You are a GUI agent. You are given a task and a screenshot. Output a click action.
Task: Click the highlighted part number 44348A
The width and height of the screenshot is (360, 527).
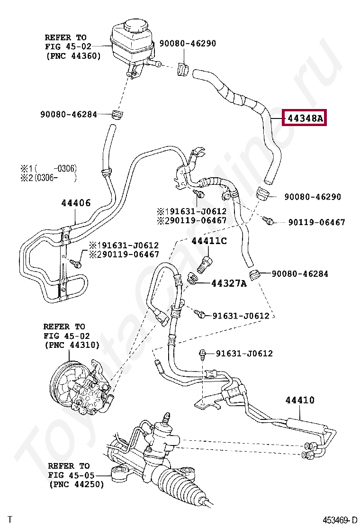click(x=305, y=118)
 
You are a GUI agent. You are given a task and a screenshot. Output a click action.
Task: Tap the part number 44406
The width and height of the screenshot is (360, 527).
click(x=76, y=203)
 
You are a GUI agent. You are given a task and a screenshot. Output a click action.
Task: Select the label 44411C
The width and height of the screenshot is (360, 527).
click(x=209, y=241)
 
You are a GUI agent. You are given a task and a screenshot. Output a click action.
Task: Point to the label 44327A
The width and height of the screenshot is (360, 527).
click(x=229, y=283)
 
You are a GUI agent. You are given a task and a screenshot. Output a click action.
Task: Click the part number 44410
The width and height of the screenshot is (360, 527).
click(x=300, y=400)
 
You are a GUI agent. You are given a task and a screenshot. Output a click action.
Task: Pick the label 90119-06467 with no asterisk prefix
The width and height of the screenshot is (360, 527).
click(x=317, y=222)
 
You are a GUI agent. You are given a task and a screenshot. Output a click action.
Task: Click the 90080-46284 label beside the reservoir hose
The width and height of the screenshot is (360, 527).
click(x=69, y=114)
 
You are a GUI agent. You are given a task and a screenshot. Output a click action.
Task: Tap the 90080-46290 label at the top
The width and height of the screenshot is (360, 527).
click(x=188, y=43)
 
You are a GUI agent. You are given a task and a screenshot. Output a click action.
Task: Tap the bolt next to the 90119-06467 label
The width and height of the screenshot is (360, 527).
click(x=270, y=220)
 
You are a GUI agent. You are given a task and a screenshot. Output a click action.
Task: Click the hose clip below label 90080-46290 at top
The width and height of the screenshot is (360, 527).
click(x=183, y=69)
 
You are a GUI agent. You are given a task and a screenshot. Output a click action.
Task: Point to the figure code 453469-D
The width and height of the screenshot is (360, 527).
click(x=340, y=520)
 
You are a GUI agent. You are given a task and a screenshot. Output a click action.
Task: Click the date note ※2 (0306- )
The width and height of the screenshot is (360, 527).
click(x=49, y=177)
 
